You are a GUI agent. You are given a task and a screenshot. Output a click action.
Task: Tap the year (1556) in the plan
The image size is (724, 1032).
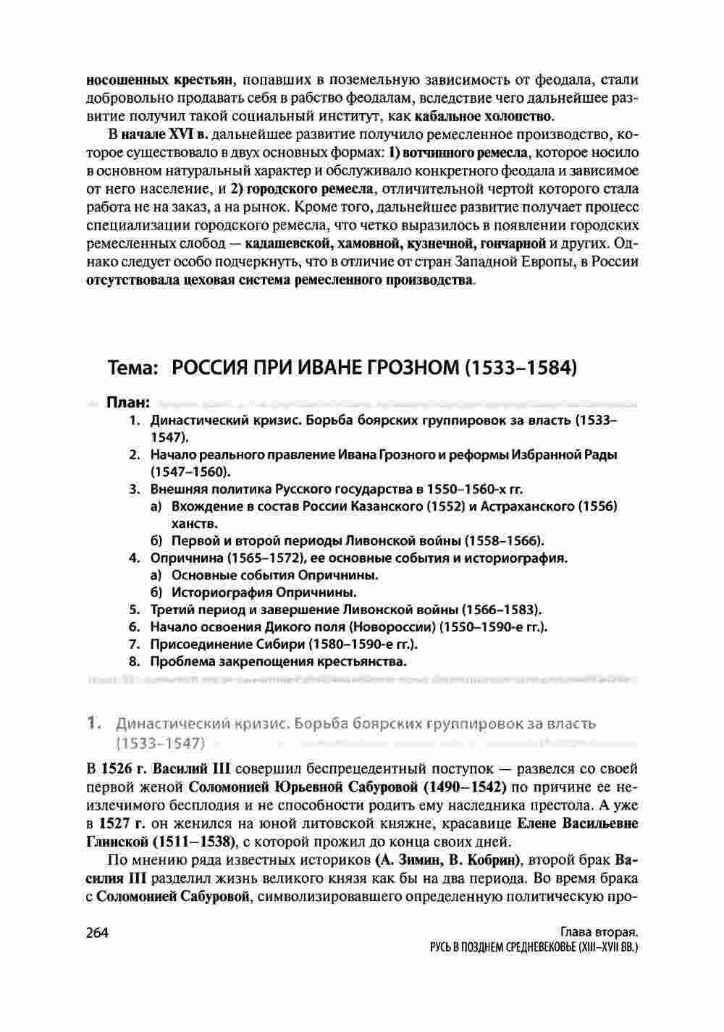click(597, 505)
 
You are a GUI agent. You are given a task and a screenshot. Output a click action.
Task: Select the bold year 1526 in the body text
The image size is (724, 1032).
click(115, 767)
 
